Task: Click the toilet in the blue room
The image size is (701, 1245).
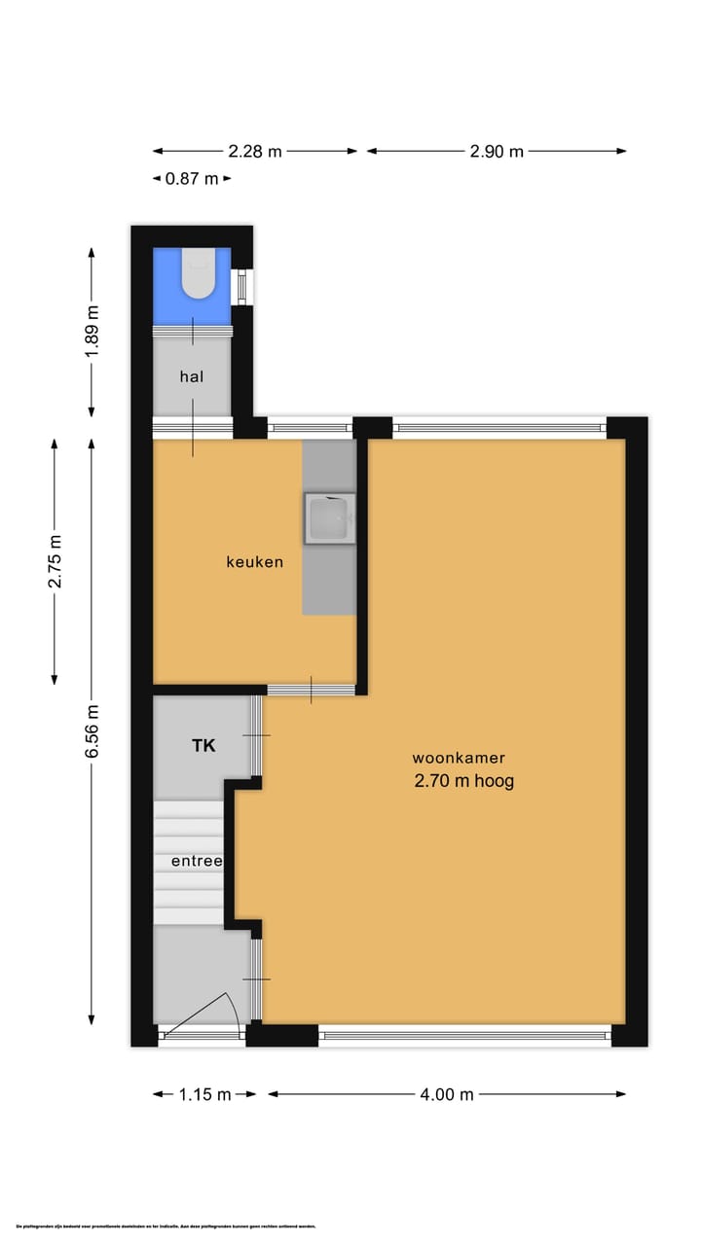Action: pos(199,275)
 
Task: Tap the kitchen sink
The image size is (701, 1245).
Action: pos(329,516)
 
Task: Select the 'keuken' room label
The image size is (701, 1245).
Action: pos(254,561)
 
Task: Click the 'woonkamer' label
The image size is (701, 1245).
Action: pos(459,758)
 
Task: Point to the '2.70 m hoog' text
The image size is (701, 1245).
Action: pos(463,780)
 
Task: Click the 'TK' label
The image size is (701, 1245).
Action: pos(203,745)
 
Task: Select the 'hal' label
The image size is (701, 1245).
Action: pos(191,375)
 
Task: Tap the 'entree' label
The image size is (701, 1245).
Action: pos(197,861)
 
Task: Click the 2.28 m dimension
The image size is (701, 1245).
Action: pos(255,151)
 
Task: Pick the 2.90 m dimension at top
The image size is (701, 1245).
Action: pos(497,151)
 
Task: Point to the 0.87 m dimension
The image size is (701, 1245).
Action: pos(192,178)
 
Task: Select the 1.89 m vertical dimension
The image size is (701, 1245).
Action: pos(92,331)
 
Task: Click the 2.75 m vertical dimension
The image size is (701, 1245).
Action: pos(55,560)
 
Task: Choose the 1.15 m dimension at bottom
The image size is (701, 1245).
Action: pos(204,1094)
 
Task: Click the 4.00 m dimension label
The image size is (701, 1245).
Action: pos(447,1094)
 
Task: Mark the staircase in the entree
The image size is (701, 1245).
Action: pos(189,836)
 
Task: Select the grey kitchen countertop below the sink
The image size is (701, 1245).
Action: pos(328,579)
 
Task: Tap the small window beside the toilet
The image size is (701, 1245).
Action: pos(245,287)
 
